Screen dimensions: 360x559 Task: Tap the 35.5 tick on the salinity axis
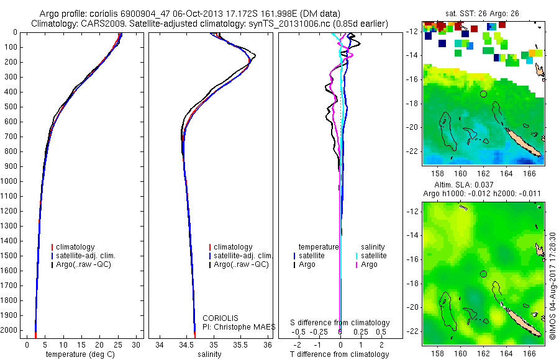coord(241,344)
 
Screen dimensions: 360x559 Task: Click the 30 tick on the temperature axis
coord(137,344)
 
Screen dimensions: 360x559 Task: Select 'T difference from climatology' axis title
coord(340,354)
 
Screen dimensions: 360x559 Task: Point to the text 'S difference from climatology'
coord(340,323)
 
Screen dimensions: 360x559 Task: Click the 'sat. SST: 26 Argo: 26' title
coord(483,13)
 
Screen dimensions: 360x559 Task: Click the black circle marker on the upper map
coord(484,94)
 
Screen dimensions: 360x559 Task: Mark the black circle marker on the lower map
coord(484,274)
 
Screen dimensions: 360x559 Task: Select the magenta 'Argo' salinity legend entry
coord(369,265)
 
